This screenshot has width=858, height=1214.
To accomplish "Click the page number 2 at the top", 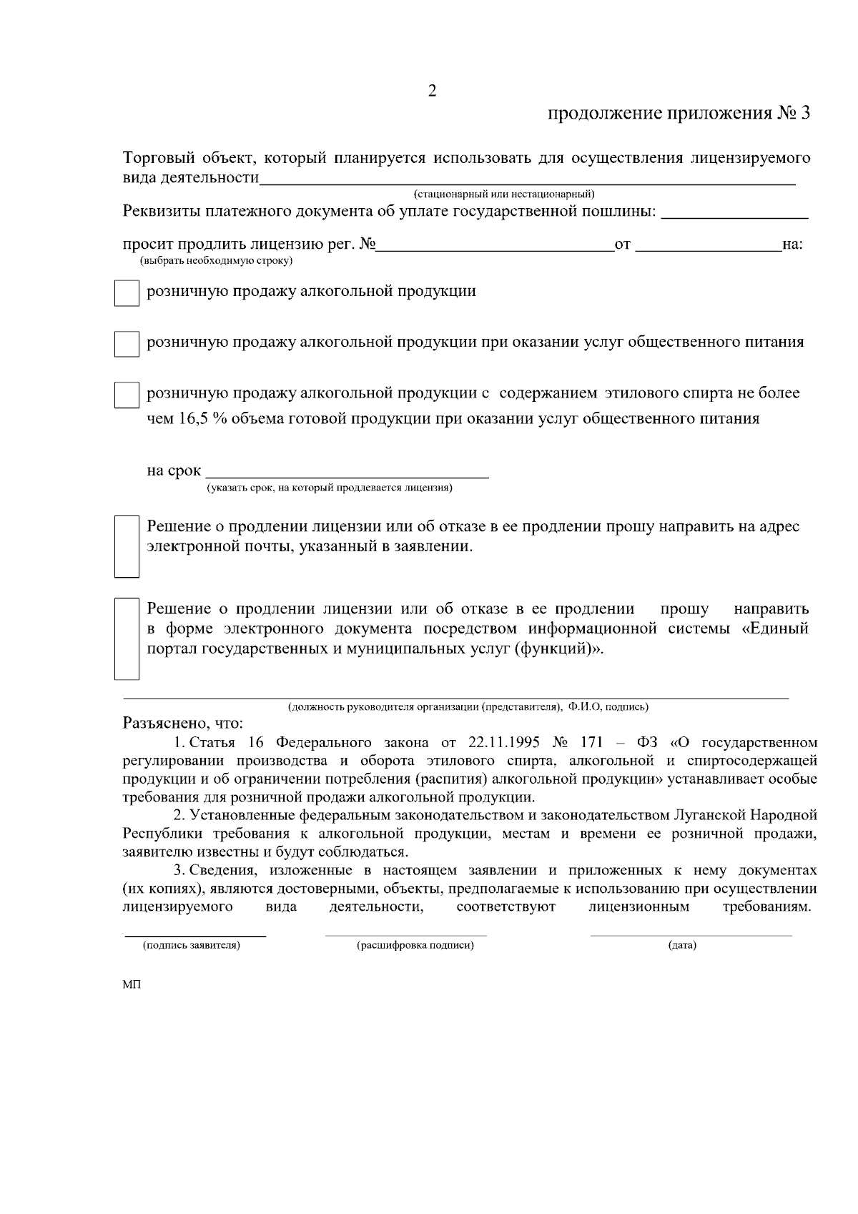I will click(431, 91).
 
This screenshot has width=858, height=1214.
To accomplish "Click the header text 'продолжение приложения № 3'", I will click(679, 114).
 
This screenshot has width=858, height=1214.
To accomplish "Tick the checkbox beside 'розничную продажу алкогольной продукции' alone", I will click(127, 293).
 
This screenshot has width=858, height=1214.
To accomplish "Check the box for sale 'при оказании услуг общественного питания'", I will click(127, 344).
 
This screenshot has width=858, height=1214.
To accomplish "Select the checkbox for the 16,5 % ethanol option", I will click(127, 395).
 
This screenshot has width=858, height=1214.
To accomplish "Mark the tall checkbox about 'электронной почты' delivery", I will click(127, 546).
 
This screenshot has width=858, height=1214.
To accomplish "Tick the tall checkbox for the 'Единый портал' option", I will click(127, 638).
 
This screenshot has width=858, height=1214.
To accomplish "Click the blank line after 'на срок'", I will click(347, 472).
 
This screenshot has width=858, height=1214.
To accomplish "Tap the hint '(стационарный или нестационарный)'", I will click(505, 194).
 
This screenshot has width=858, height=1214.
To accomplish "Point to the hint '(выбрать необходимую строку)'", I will click(216, 262).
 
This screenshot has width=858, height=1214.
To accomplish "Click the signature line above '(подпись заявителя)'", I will click(195, 934).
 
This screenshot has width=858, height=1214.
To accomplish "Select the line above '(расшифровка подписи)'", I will click(405, 934).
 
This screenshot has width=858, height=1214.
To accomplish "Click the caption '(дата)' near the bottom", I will click(682, 946).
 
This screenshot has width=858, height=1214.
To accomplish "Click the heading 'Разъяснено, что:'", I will click(183, 723).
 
